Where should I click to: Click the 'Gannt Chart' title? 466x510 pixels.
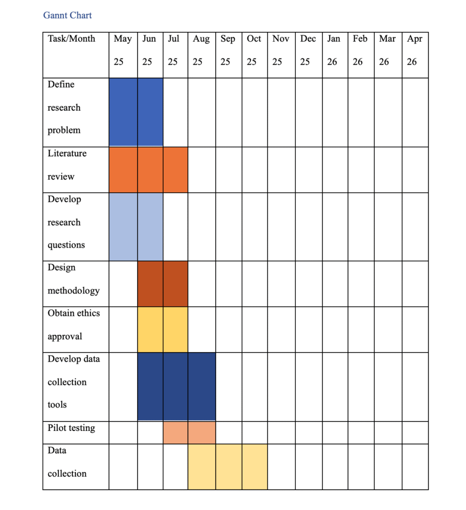pos(67,15)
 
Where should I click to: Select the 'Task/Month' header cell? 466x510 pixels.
pos(71,39)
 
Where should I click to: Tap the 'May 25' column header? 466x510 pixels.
pos(123,50)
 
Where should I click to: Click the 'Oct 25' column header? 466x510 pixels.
pos(254,50)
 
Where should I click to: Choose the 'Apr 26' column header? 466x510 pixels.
pos(414,50)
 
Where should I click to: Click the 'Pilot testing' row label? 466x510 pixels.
pos(71,428)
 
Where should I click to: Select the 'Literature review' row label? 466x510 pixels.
pos(67,165)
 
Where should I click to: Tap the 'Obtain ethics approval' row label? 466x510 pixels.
pos(73,325)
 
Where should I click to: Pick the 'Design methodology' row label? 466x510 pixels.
pos(73,279)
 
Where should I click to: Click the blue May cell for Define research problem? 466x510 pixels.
pos(123,112)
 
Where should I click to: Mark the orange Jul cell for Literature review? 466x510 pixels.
pos(175,169)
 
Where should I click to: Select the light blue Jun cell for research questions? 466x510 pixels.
pos(150,227)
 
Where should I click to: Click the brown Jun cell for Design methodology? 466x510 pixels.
pos(150,283)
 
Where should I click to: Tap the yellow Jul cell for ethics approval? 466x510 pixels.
pos(175,329)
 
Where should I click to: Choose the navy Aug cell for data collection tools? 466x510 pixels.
pos(202,386)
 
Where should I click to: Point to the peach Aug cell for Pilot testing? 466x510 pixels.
pos(202,432)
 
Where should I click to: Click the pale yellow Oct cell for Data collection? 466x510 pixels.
pos(254,467)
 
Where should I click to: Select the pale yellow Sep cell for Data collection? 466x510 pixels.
pos(229,467)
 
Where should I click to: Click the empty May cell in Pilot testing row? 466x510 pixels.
pos(123,432)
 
